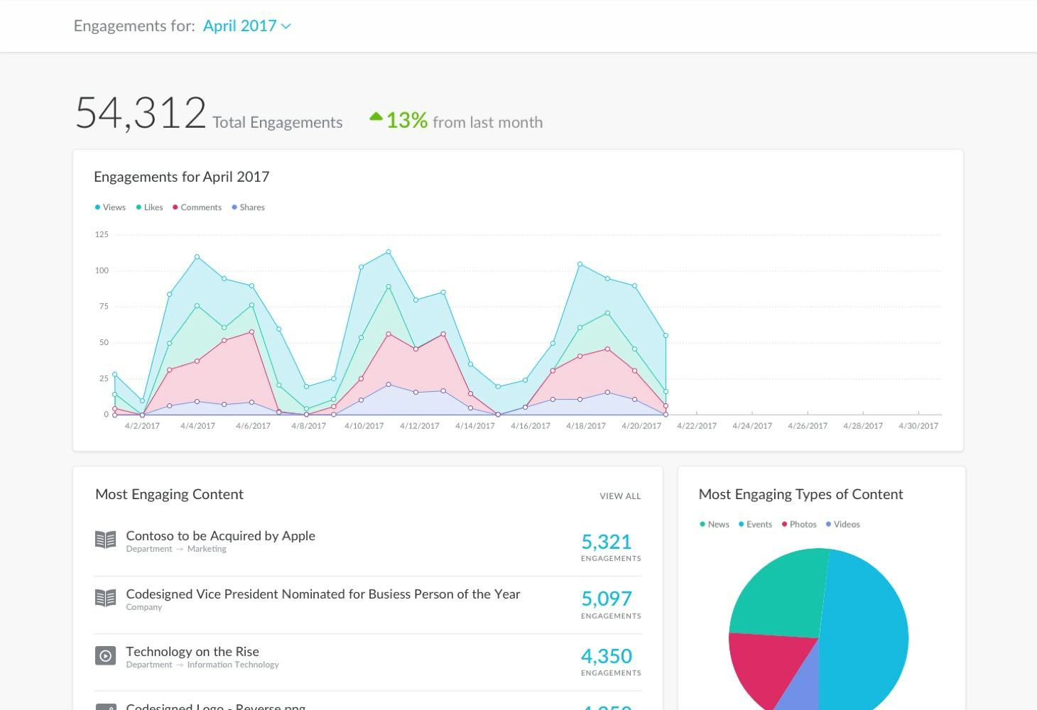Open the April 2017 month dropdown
click(246, 26)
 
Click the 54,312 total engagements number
click(141, 114)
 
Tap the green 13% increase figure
click(406, 121)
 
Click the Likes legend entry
click(150, 207)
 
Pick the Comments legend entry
click(197, 207)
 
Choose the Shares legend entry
click(249, 207)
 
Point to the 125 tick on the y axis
click(102, 234)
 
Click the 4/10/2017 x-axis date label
click(364, 426)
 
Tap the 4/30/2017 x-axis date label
click(918, 426)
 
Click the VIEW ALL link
click(620, 496)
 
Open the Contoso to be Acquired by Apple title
click(220, 536)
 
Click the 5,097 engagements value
click(606, 599)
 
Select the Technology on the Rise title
click(192, 652)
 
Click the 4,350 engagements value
click(606, 657)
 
